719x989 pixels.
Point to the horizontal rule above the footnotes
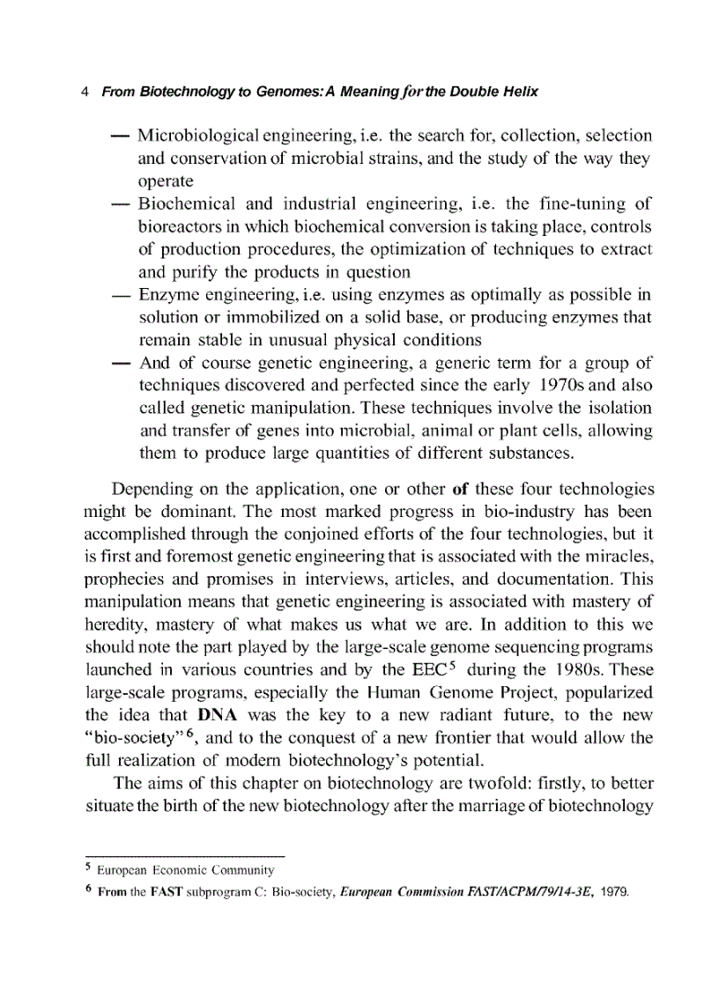tap(184, 857)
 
